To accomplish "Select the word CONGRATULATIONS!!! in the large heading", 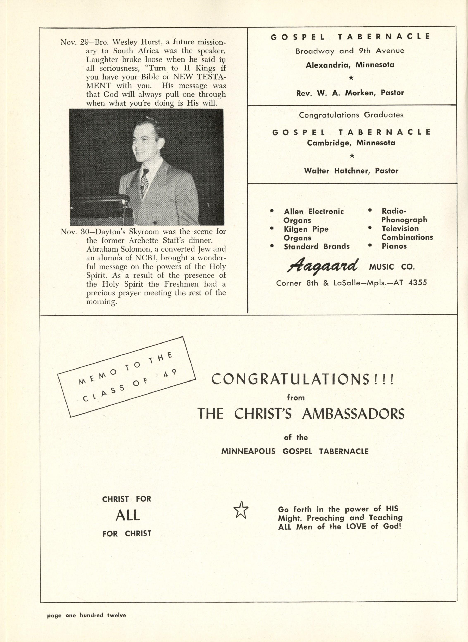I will [x=302, y=379].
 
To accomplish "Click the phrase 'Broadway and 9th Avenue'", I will [x=350, y=51].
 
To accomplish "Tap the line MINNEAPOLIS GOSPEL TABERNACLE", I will [x=295, y=451].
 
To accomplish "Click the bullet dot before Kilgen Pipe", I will [x=272, y=228].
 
